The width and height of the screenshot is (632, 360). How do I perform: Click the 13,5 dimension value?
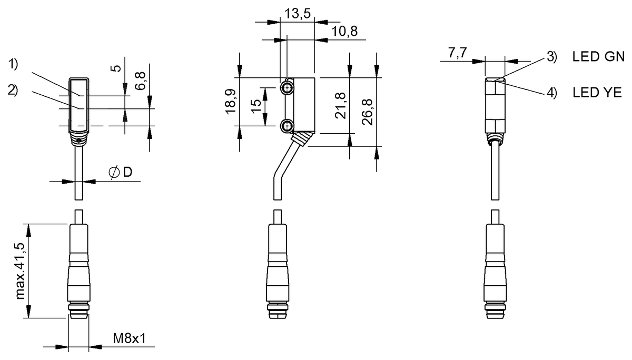(x=297, y=13)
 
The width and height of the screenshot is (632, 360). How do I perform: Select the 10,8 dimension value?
(x=344, y=31)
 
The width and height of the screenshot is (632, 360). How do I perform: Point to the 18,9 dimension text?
(x=231, y=101)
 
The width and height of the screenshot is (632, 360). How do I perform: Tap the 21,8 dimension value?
(x=340, y=105)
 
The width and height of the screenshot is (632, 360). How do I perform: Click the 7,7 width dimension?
(x=458, y=53)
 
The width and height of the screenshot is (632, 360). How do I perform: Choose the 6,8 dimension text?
(x=140, y=81)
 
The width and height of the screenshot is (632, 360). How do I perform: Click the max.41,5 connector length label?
(x=21, y=271)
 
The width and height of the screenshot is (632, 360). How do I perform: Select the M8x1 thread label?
(x=129, y=338)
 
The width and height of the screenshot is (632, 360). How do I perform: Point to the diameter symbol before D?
(x=114, y=172)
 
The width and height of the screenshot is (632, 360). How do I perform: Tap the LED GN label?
(x=598, y=57)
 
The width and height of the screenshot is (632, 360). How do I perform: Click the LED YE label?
(x=597, y=92)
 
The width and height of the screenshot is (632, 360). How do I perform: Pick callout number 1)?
(x=13, y=64)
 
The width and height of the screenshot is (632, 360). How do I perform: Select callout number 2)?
(x=13, y=90)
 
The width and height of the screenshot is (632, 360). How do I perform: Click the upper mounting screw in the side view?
(x=287, y=88)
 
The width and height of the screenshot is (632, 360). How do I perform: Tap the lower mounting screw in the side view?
(x=287, y=125)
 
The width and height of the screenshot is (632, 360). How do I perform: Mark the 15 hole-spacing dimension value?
(x=256, y=106)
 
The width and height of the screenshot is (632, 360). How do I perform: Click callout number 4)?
(x=552, y=93)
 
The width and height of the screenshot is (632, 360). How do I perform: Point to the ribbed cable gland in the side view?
(x=301, y=140)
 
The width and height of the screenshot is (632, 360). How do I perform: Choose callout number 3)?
(x=552, y=57)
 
